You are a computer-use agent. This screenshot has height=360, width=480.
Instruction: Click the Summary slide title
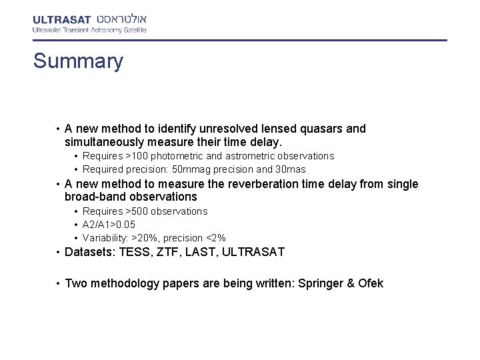point(79,61)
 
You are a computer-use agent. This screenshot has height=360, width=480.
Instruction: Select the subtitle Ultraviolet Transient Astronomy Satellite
point(89,30)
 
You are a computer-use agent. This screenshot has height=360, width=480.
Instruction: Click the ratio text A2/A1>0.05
point(109,225)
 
